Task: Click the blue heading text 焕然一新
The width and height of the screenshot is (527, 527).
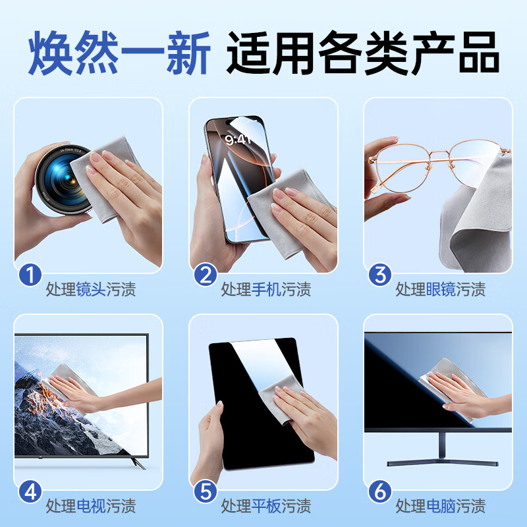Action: pyautogui.click(x=119, y=52)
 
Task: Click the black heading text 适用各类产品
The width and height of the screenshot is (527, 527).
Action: pyautogui.click(x=363, y=52)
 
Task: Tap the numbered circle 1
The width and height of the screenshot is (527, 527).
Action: pyautogui.click(x=30, y=275)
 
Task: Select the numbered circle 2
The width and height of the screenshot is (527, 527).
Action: pyautogui.click(x=206, y=275)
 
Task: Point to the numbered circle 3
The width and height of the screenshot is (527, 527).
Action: pyautogui.click(x=380, y=275)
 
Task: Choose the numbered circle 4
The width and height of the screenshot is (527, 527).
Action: pyautogui.click(x=30, y=491)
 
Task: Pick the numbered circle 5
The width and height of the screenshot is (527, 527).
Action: pyautogui.click(x=206, y=491)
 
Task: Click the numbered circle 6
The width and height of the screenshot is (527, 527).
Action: pyautogui.click(x=380, y=491)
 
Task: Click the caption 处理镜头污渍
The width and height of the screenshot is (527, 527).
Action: pyautogui.click(x=91, y=289)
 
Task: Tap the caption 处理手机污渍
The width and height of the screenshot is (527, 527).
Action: pyautogui.click(x=266, y=289)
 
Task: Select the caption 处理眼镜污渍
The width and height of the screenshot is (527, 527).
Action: pyautogui.click(x=441, y=289)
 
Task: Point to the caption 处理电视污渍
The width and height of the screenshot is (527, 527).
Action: pyautogui.click(x=91, y=506)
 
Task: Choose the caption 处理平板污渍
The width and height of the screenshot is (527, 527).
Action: pyautogui.click(x=266, y=506)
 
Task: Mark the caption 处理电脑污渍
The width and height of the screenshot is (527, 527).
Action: pyautogui.click(x=441, y=506)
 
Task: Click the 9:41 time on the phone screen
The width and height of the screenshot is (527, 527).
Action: pyautogui.click(x=238, y=139)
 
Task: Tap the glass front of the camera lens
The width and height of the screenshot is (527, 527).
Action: pyautogui.click(x=61, y=179)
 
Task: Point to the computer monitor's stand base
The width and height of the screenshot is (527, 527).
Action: pyautogui.click(x=442, y=462)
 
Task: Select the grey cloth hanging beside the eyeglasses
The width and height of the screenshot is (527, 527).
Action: pyautogui.click(x=477, y=219)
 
